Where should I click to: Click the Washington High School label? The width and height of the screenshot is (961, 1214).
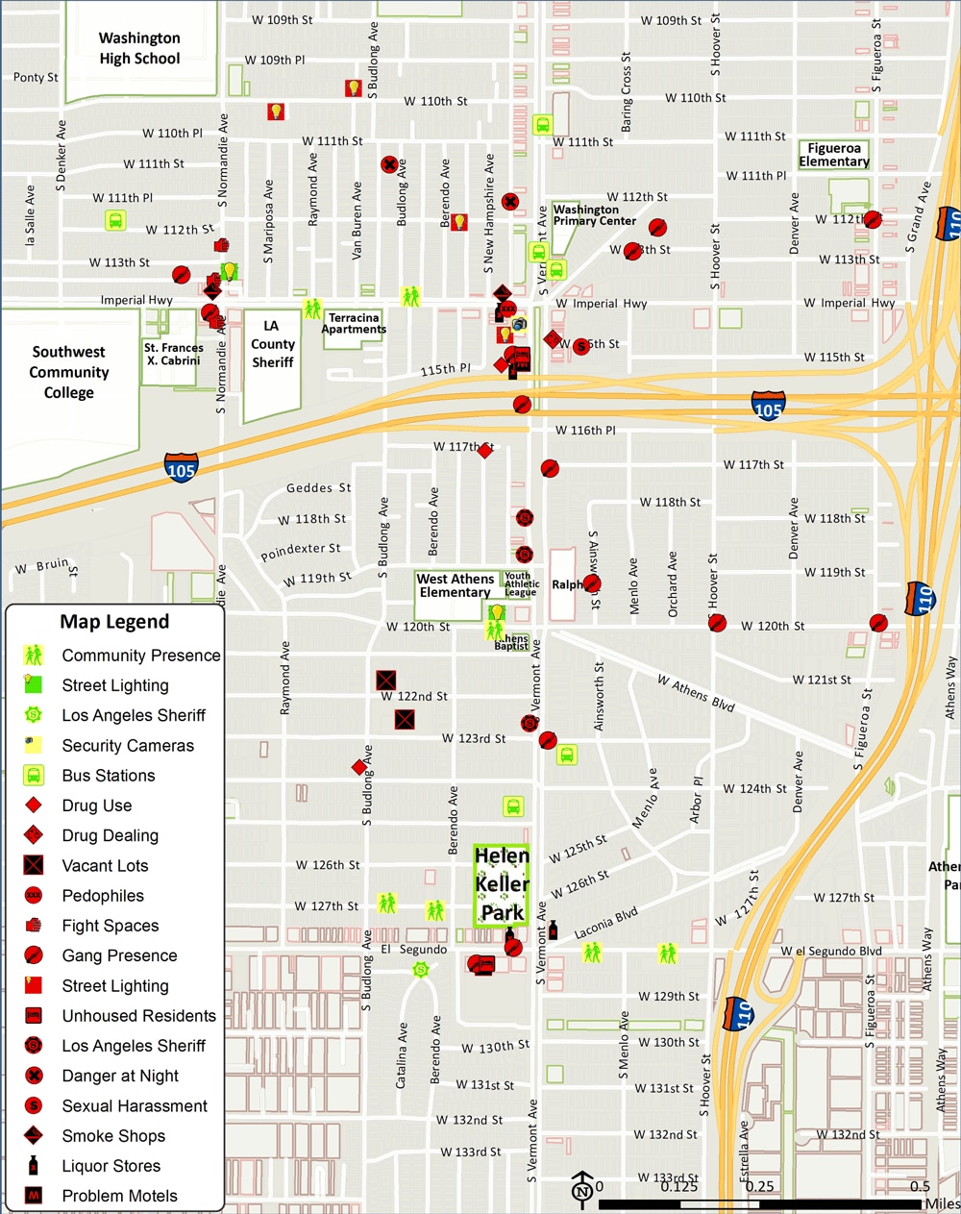pos(139,48)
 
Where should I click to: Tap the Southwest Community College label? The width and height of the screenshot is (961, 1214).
pos(69,372)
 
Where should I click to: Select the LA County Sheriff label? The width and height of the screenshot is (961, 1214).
pos(273,343)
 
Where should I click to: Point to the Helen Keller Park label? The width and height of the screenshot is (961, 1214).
pos(502,884)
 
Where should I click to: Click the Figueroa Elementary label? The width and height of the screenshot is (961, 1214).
pos(833,155)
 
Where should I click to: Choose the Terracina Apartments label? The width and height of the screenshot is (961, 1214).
pos(354,323)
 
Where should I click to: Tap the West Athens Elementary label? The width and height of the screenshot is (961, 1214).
pos(456,585)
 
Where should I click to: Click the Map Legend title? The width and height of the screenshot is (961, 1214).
pos(114,622)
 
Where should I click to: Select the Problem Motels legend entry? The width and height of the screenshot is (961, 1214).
pos(119,1196)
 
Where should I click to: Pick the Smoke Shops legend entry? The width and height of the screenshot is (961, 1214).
pos(113,1136)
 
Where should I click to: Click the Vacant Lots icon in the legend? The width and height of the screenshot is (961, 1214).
pos(34,865)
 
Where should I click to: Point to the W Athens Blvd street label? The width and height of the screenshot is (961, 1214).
pos(696,693)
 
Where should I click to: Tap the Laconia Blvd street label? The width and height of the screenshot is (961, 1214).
pos(606,924)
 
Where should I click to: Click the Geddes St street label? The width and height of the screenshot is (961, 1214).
pos(318,488)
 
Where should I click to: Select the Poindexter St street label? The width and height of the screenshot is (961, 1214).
pos(301,552)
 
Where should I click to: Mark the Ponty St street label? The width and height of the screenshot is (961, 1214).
pos(36,78)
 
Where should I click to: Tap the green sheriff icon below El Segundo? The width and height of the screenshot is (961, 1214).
pos(420,970)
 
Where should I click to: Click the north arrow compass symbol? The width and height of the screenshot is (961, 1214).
pos(581,1188)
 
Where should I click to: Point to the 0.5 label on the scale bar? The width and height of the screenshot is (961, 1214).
pos(920,1186)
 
